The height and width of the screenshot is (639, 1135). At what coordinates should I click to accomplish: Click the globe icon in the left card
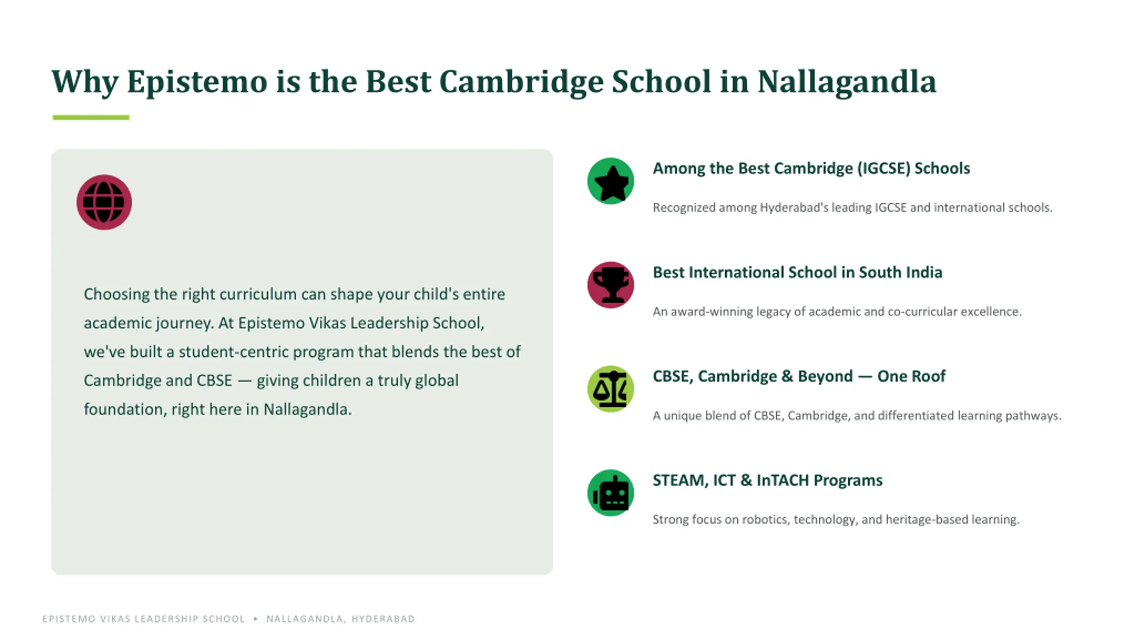click(104, 202)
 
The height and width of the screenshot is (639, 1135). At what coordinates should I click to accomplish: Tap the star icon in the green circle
click(611, 182)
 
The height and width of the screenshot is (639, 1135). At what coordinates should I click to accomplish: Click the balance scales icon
click(611, 389)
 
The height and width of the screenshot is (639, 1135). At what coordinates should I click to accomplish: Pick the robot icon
click(611, 493)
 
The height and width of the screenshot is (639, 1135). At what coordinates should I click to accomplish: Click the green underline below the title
click(91, 118)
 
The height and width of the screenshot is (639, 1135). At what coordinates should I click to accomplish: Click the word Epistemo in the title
click(197, 83)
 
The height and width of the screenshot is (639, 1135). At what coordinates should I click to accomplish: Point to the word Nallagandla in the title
click(847, 83)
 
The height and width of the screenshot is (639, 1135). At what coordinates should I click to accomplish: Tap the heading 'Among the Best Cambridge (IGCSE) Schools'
click(811, 169)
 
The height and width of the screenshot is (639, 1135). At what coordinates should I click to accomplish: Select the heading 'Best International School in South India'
click(798, 272)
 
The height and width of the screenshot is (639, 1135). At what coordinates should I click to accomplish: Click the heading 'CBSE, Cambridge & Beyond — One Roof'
click(799, 376)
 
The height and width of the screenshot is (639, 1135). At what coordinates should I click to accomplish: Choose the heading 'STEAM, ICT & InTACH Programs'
click(767, 480)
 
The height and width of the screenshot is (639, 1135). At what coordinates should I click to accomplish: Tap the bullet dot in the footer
click(255, 619)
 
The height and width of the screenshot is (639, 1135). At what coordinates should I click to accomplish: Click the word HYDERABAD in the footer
click(383, 619)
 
